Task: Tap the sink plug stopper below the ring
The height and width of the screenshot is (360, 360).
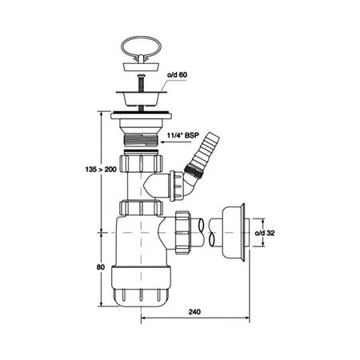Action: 142,66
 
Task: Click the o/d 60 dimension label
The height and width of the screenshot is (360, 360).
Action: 177,75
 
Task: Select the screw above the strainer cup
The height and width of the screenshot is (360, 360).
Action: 141,83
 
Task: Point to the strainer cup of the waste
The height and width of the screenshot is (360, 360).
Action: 142,98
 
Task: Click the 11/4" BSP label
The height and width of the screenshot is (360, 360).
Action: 183,135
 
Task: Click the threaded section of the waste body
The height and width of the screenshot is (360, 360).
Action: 141,139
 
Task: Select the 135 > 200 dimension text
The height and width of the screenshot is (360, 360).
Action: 101,169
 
